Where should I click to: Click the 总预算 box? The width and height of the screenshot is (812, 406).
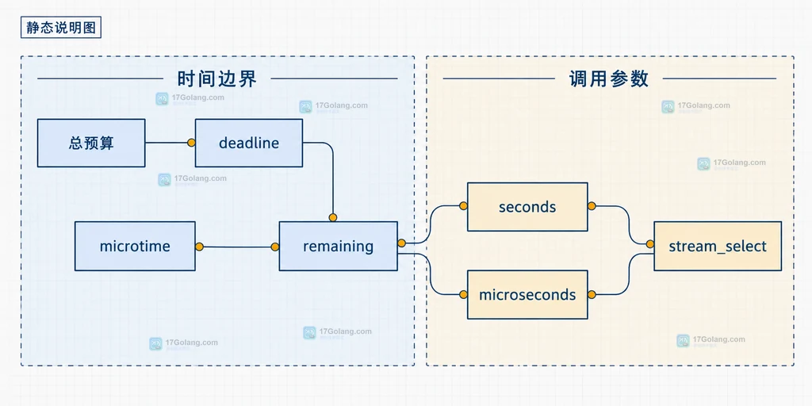click(x=91, y=143)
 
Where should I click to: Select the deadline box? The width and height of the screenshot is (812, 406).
click(x=248, y=143)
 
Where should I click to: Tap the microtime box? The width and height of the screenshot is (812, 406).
click(x=135, y=246)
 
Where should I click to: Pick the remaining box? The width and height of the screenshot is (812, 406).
click(x=338, y=246)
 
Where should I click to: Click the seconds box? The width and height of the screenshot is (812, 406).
click(x=527, y=207)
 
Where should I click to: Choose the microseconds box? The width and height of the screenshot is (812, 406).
click(x=527, y=295)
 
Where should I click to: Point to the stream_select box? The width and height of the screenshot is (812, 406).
click(x=717, y=246)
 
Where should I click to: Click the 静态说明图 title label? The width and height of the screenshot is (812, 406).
click(x=60, y=28)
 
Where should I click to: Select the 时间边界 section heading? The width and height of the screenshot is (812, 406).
click(x=217, y=79)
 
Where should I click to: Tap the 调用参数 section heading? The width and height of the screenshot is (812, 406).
click(x=609, y=79)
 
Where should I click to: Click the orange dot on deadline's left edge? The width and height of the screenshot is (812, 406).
click(x=191, y=143)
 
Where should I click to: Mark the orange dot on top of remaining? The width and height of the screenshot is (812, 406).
click(x=332, y=217)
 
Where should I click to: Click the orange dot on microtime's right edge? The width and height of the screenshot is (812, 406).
click(x=199, y=247)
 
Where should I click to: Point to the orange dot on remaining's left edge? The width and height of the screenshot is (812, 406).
click(x=275, y=247)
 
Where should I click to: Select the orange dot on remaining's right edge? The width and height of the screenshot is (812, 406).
click(x=401, y=243)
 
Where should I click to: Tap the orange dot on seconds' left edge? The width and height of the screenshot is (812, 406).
click(x=463, y=206)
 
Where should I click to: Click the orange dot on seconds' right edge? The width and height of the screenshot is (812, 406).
click(x=592, y=206)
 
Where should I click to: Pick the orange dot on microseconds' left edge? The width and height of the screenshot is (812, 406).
click(x=463, y=295)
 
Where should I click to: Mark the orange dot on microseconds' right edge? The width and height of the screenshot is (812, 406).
click(x=592, y=295)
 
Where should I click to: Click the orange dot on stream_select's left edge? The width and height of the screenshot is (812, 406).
click(x=650, y=243)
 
